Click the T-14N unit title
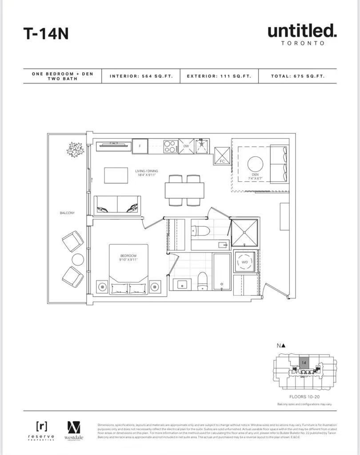(46, 34)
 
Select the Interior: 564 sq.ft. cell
(140, 76)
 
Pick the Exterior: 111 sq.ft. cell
(219, 76)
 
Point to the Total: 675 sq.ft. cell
(298, 76)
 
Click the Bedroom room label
(128, 258)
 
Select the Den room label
(255, 177)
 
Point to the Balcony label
(68, 213)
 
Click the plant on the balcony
(76, 149)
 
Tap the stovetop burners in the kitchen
(170, 146)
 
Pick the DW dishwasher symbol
(186, 146)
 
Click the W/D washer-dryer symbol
(244, 262)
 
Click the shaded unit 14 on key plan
(304, 363)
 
